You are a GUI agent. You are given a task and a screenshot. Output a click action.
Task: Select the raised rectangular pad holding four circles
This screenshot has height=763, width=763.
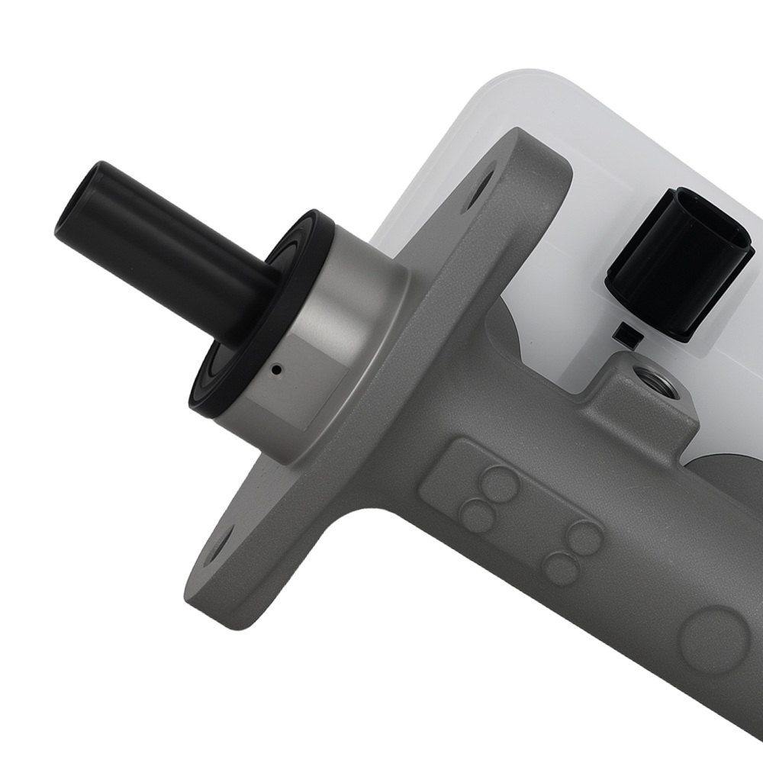tap(526, 519)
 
